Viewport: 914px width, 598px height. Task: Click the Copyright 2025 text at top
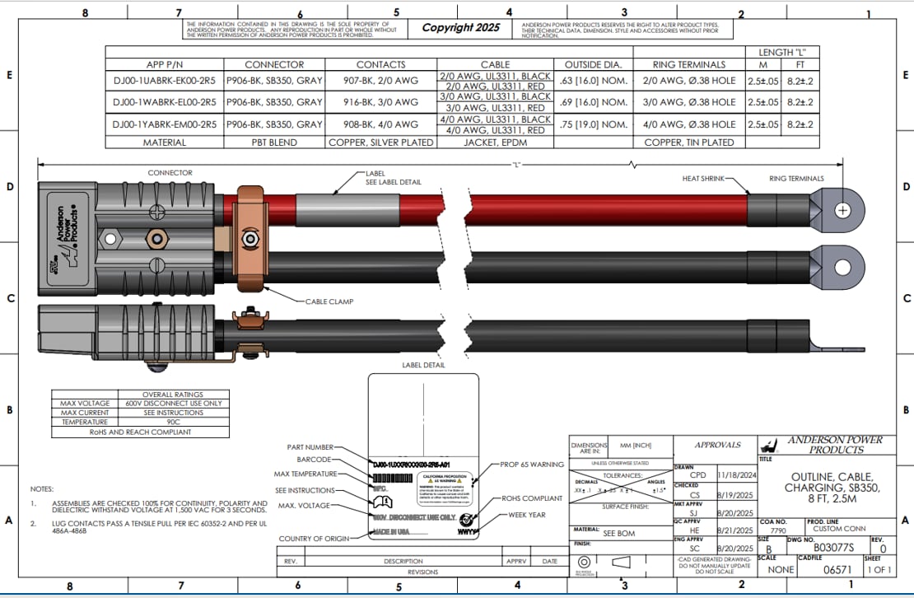tap(460, 27)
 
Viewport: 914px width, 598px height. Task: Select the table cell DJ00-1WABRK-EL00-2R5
tap(165, 102)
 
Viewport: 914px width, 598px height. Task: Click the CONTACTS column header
tap(380, 64)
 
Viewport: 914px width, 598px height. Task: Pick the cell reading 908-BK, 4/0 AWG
tap(380, 124)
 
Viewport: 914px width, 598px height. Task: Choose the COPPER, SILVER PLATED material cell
tap(380, 142)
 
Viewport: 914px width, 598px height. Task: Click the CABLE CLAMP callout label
tap(329, 302)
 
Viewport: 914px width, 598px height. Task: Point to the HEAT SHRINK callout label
tap(702, 178)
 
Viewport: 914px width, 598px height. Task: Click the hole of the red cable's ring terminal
tap(842, 210)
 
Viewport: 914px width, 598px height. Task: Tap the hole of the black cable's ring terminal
tap(842, 266)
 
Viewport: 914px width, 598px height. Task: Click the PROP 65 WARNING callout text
tap(532, 465)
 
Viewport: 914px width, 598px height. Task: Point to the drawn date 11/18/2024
tap(736, 475)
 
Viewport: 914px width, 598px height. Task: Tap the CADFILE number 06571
tap(838, 569)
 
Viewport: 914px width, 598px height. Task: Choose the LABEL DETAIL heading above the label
tap(423, 365)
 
